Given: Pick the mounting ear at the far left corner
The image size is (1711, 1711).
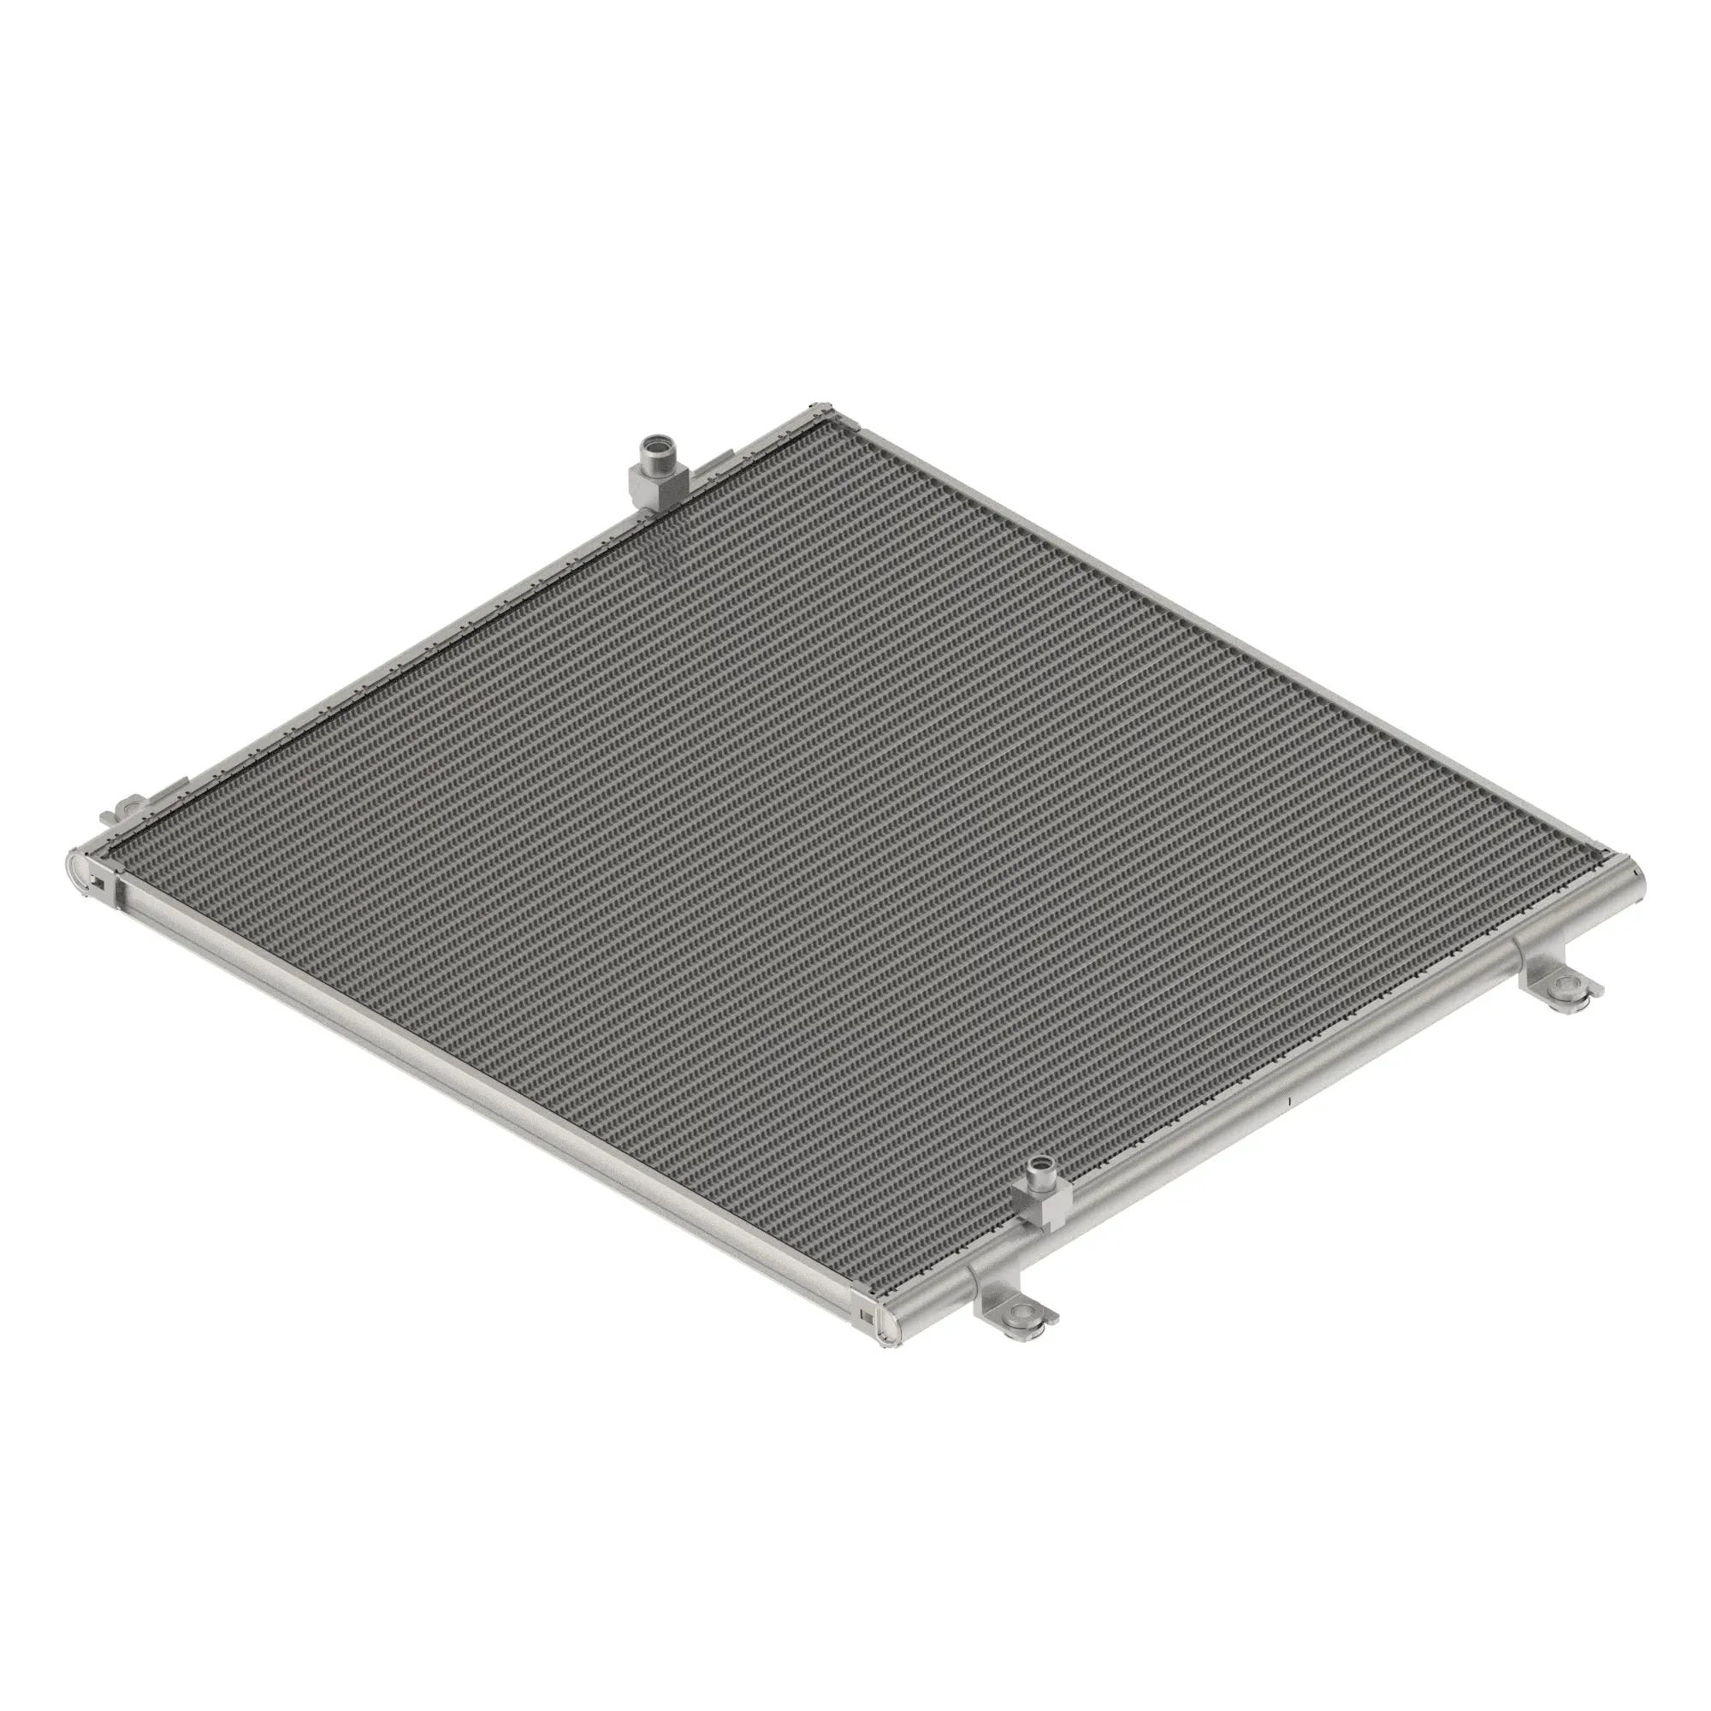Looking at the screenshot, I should coord(130,808).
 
